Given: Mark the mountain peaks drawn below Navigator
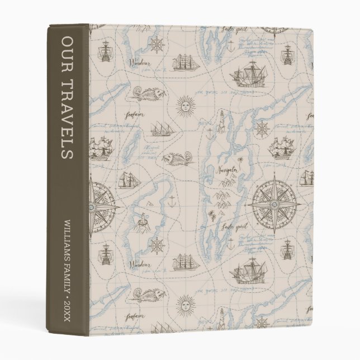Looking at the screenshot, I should [225, 196].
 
